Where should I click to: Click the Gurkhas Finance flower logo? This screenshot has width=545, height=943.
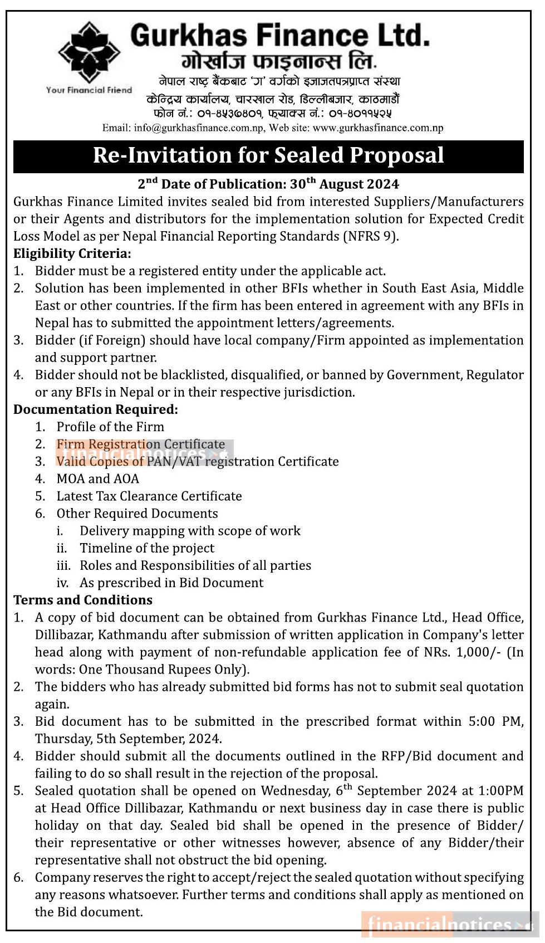click(x=89, y=52)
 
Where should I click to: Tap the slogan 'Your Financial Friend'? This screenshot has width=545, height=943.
click(x=89, y=90)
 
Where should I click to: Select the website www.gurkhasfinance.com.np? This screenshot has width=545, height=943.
click(x=378, y=128)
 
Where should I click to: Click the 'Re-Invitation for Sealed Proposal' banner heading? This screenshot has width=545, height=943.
click(x=268, y=155)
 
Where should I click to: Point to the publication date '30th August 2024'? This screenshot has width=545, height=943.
click(x=345, y=184)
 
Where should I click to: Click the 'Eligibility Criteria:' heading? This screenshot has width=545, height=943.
click(x=72, y=253)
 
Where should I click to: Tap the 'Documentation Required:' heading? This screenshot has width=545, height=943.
click(x=96, y=409)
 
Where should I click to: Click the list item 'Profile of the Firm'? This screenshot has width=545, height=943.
click(x=110, y=427)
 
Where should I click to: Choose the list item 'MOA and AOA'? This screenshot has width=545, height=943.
click(x=97, y=478)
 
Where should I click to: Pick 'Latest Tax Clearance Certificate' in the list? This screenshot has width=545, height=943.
click(x=149, y=496)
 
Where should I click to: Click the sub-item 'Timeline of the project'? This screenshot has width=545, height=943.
click(x=147, y=548)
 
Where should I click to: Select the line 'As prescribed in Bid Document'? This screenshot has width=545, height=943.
click(x=171, y=583)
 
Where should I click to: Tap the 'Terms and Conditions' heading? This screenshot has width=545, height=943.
click(x=83, y=600)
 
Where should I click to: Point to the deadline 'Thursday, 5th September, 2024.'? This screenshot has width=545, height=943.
click(x=129, y=739)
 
